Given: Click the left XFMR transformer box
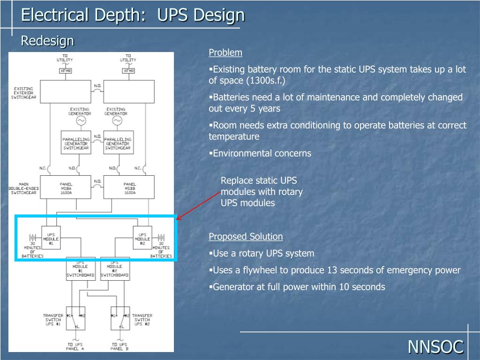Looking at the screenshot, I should pos(65,71).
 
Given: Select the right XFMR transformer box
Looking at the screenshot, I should pos(128,71).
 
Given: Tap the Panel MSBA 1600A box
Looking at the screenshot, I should pos(66,187).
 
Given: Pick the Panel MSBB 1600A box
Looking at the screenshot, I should pos(129,187).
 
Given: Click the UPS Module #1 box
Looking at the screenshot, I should pos(51,238).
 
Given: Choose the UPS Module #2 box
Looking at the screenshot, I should pos(142,238).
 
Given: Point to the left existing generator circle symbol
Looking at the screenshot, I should pos(81,121).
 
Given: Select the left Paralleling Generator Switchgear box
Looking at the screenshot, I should pos(75,142).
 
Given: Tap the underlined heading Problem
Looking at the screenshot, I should pos(225,52).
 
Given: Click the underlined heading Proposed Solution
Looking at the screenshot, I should pos(246,236).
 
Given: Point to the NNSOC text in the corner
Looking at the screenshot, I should pos(435,347).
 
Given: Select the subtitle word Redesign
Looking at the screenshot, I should pos(47,41).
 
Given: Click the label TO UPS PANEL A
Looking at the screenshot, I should pos(75,346).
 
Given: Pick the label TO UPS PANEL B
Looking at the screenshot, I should pos(120,346).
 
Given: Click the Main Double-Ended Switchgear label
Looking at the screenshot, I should pos(24,188).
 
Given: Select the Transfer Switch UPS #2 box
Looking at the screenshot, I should pos(120,318).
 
